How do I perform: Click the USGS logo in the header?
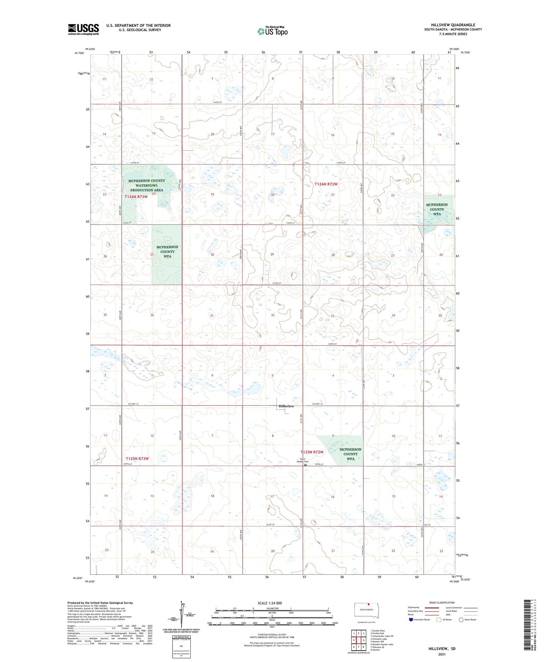click(x=83, y=29)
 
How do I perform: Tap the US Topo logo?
click(x=272, y=31)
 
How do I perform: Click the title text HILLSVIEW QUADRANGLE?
click(x=453, y=25)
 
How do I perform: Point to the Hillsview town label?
click(x=286, y=406)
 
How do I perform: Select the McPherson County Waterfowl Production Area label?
click(x=147, y=185)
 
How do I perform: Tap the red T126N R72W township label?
click(x=326, y=184)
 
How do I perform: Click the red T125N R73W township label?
click(x=137, y=459)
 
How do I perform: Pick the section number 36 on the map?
click(x=152, y=315)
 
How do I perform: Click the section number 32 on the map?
click(x=272, y=315)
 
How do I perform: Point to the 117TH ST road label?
click(x=277, y=283)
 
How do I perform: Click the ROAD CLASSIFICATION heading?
click(x=442, y=602)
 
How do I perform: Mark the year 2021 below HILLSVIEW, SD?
click(x=442, y=654)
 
